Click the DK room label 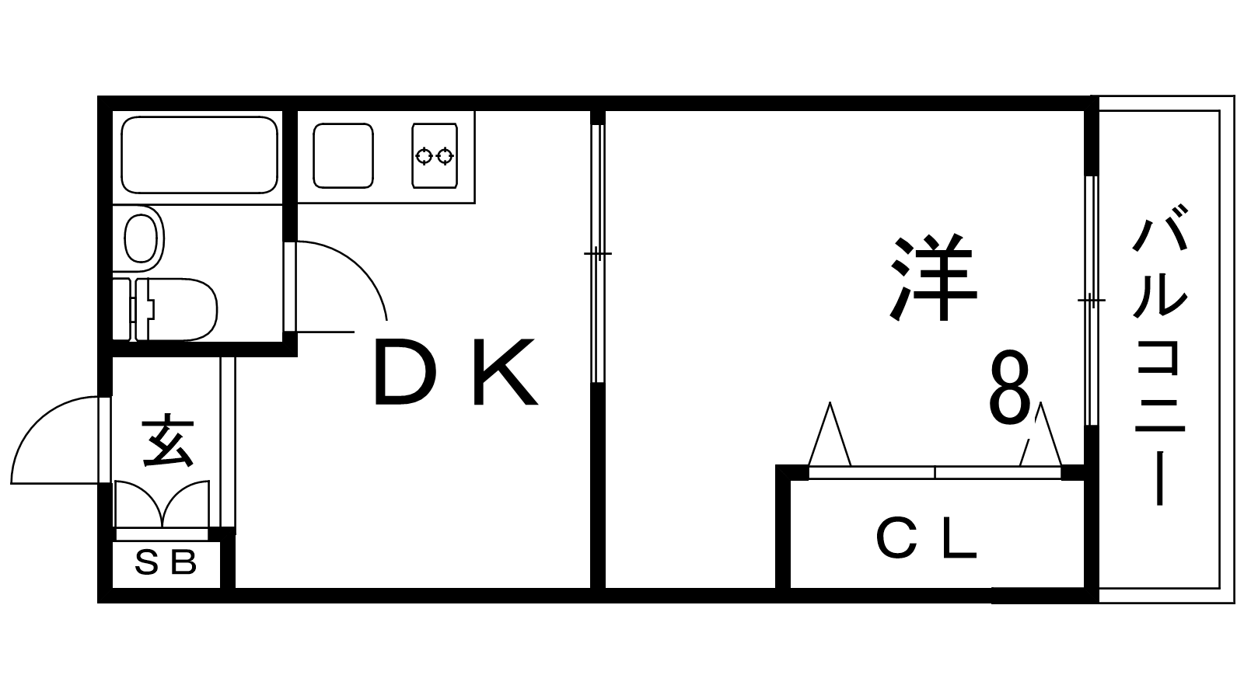(455, 374)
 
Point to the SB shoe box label (166, 562)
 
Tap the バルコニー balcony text (1159, 353)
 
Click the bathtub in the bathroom (199, 155)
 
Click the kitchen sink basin (343, 155)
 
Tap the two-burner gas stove (434, 156)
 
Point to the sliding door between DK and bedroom (597, 253)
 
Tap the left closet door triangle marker (830, 436)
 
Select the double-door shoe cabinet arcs (162, 503)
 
